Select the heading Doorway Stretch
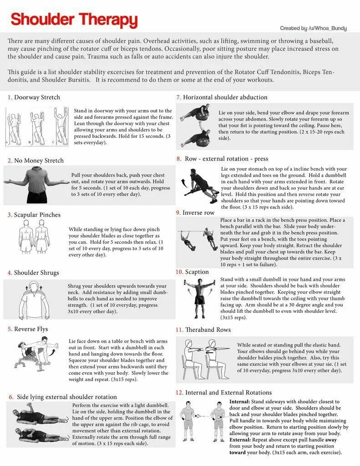37,97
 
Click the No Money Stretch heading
39,161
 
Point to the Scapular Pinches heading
37,215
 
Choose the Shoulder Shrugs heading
36,273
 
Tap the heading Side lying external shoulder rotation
66,397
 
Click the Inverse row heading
198,213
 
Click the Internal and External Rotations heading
228,392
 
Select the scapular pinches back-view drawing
36,238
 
